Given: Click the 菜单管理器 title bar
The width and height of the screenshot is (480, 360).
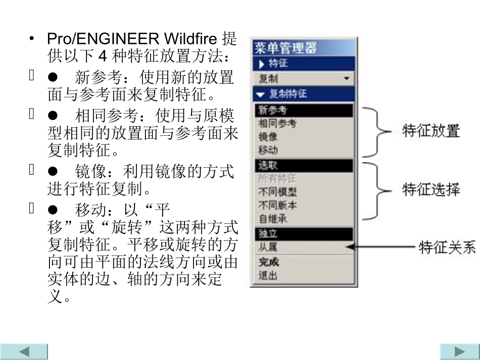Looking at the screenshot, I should coord(304,48).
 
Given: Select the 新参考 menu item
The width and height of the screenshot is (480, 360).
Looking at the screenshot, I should coord(304,110).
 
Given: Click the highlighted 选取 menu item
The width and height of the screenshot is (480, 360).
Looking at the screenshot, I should coord(304,165).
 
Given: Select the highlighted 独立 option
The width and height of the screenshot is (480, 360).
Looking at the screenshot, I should coord(304,234).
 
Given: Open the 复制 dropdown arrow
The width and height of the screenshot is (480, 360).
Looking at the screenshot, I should coord(347,79).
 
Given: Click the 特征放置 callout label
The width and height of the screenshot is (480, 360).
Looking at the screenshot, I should coord(431,131).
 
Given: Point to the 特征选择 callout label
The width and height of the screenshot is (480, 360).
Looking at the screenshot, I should coord(431,190).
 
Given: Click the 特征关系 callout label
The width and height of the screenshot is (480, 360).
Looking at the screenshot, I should coord(447,248).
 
